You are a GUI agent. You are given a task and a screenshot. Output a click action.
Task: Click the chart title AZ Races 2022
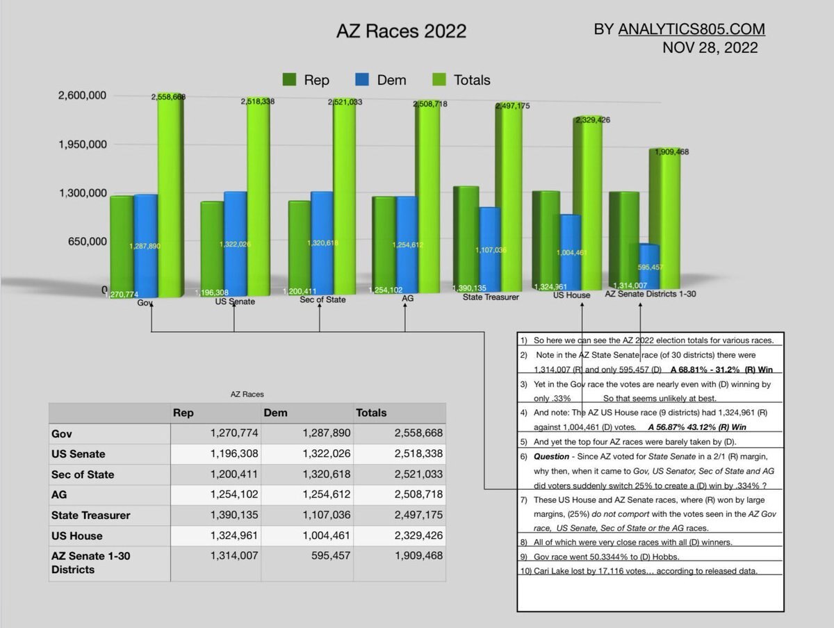(x=401, y=32)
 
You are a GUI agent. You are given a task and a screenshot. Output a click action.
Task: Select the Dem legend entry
(x=380, y=80)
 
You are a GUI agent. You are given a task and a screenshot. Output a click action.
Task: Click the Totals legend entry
(x=461, y=80)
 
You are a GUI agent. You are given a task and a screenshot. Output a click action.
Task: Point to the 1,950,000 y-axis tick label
(x=81, y=144)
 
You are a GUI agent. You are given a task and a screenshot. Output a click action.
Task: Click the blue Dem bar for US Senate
(x=235, y=243)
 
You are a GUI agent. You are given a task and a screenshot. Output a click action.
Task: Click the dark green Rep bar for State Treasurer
(x=465, y=236)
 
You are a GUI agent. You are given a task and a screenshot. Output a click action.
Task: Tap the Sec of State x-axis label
(x=322, y=300)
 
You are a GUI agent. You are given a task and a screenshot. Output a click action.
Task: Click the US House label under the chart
(x=571, y=295)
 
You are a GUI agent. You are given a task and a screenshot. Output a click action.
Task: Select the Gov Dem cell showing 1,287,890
(x=326, y=433)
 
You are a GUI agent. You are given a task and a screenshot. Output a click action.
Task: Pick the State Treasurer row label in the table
(x=90, y=515)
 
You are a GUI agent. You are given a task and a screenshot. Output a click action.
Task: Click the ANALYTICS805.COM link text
(x=691, y=29)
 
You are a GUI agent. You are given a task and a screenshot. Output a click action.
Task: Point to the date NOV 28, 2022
(x=710, y=48)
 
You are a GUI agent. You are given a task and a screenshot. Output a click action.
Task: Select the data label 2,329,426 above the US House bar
(x=592, y=120)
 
